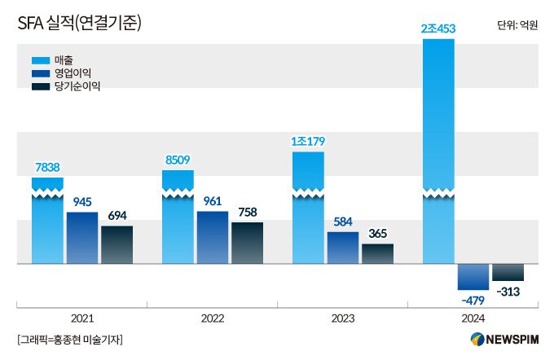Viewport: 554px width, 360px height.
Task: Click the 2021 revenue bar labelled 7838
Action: click(x=47, y=224)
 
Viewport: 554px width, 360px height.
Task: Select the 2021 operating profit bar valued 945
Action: click(x=82, y=238)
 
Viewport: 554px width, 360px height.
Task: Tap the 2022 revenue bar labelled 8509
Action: click(x=178, y=220)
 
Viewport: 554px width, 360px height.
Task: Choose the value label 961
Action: click(x=213, y=200)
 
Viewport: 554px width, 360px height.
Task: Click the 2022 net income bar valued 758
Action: click(x=247, y=243)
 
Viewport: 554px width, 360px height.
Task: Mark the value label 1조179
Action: click(x=308, y=142)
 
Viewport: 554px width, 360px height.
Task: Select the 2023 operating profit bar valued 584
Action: click(x=343, y=248)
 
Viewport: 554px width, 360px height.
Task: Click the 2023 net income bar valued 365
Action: click(x=377, y=253)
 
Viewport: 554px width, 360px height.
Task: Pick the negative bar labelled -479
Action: click(x=473, y=277)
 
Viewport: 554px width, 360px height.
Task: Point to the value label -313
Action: click(x=508, y=292)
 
